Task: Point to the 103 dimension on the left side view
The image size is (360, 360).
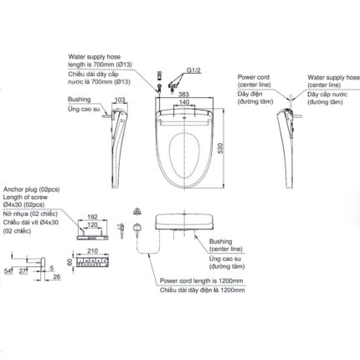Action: (x=119, y=100)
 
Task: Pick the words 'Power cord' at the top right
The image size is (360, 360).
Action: (x=254, y=76)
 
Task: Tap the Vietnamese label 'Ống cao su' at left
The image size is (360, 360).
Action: (x=82, y=110)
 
